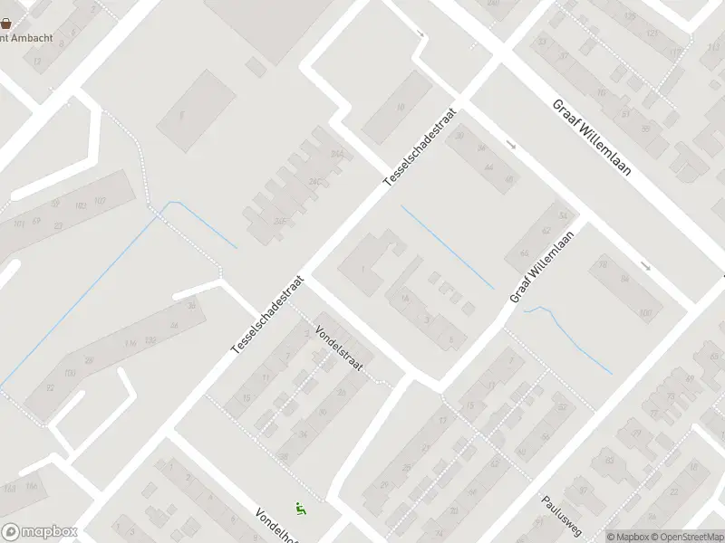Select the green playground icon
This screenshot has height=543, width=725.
(x=300, y=510)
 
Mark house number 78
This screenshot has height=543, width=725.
(x=603, y=264)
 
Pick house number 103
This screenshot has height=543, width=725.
(x=99, y=200)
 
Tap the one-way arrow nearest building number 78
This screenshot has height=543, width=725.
(x=645, y=266)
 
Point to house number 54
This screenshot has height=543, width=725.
(x=564, y=215)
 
